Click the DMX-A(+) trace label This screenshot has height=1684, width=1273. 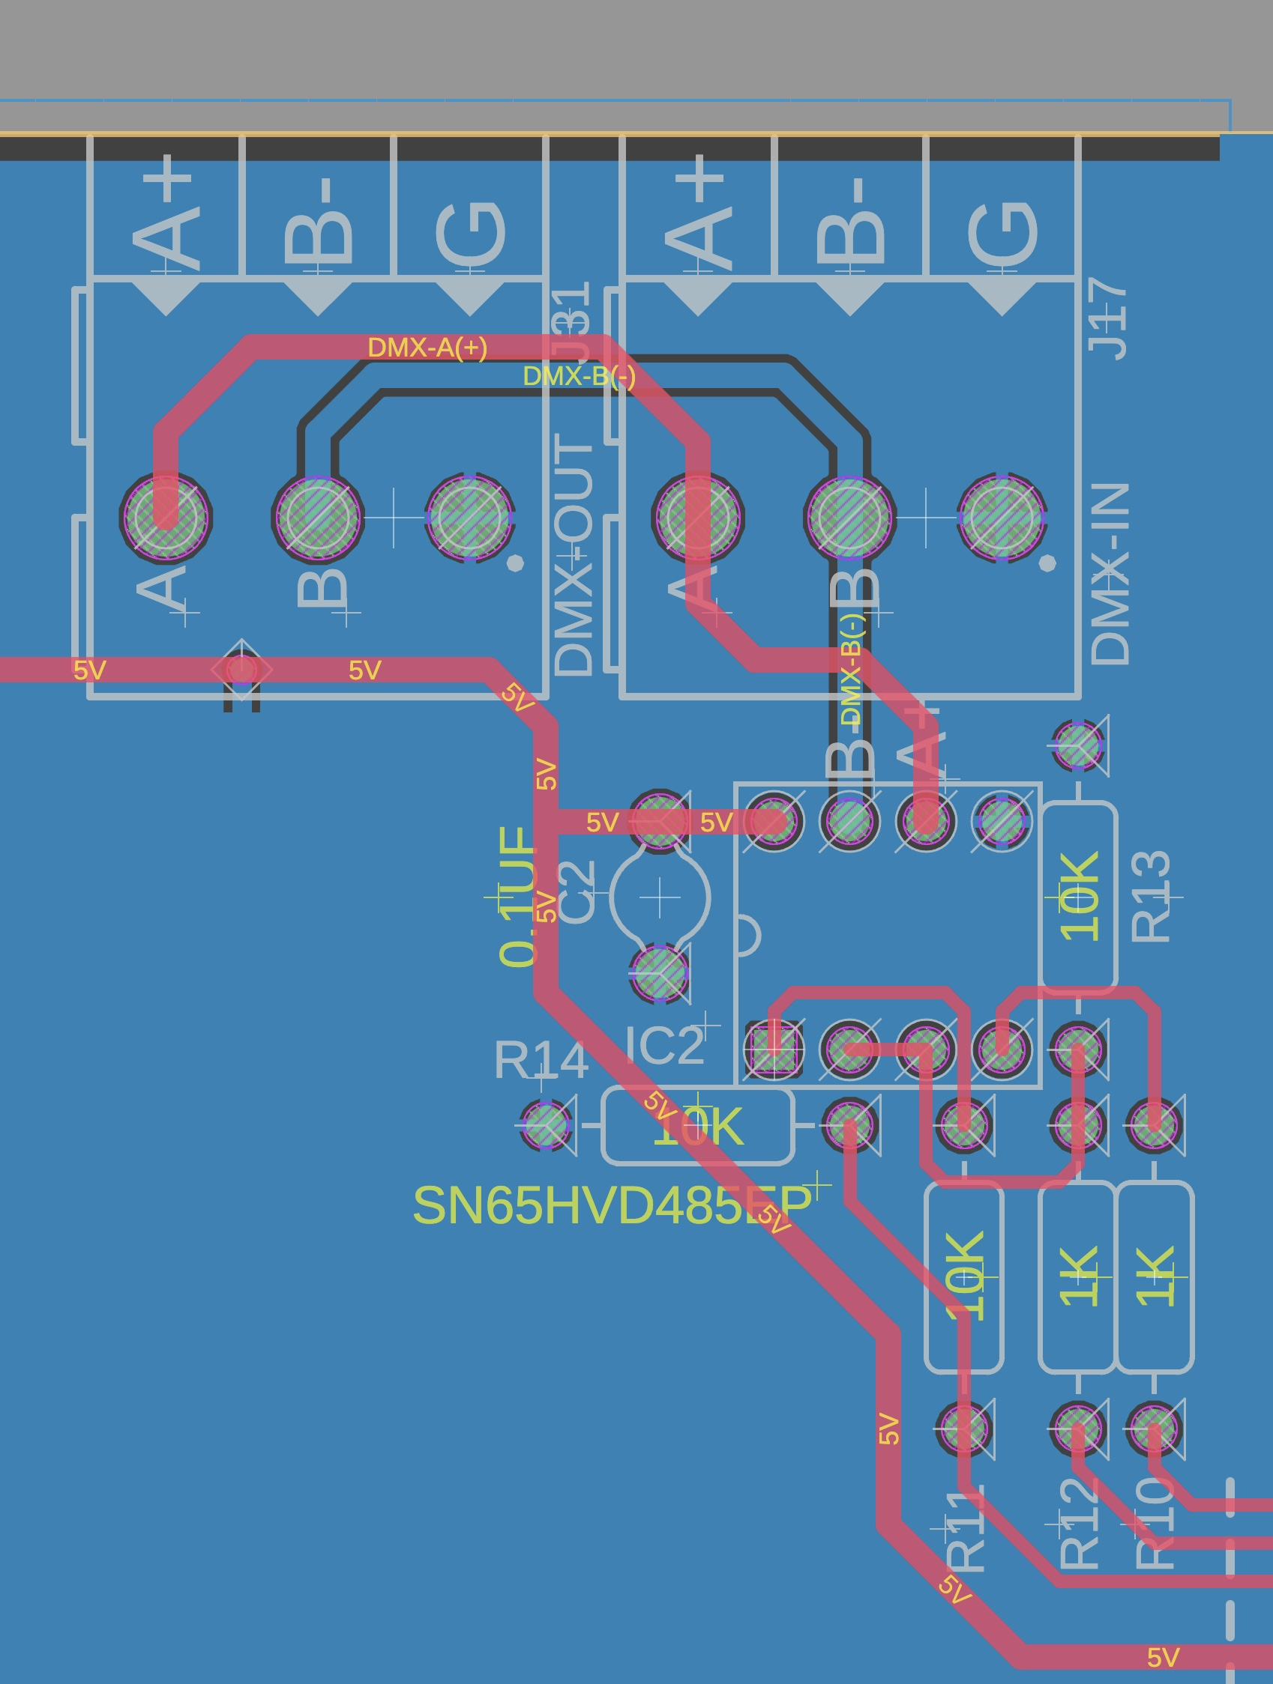pyautogui.click(x=427, y=347)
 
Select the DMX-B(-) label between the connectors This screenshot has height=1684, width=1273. pyautogui.click(x=579, y=376)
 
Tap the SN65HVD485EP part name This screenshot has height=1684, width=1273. pyautogui.click(x=612, y=1205)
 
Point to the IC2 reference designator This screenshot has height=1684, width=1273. pyautogui.click(x=664, y=1045)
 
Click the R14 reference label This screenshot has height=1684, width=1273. pyautogui.click(x=540, y=1059)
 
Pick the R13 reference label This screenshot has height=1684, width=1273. pyautogui.click(x=1150, y=896)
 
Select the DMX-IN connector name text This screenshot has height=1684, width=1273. pyautogui.click(x=1110, y=572)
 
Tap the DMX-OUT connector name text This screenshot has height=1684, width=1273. pyautogui.click(x=574, y=554)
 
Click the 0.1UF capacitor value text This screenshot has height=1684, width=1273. pyautogui.click(x=518, y=896)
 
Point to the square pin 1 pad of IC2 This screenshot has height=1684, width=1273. pyautogui.click(x=773, y=1049)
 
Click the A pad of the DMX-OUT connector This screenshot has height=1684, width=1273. pyautogui.click(x=166, y=518)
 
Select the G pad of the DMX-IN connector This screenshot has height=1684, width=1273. pyautogui.click(x=1002, y=518)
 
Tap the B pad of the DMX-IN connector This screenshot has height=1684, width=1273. pyautogui.click(x=849, y=518)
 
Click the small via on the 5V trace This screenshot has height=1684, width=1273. pyautogui.click(x=241, y=670)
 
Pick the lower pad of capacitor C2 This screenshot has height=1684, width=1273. pyautogui.click(x=660, y=973)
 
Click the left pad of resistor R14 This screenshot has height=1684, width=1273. pyautogui.click(x=546, y=1124)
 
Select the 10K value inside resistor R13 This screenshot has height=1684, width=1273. pyautogui.click(x=1080, y=896)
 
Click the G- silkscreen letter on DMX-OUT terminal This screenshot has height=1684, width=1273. pyautogui.click(x=470, y=232)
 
